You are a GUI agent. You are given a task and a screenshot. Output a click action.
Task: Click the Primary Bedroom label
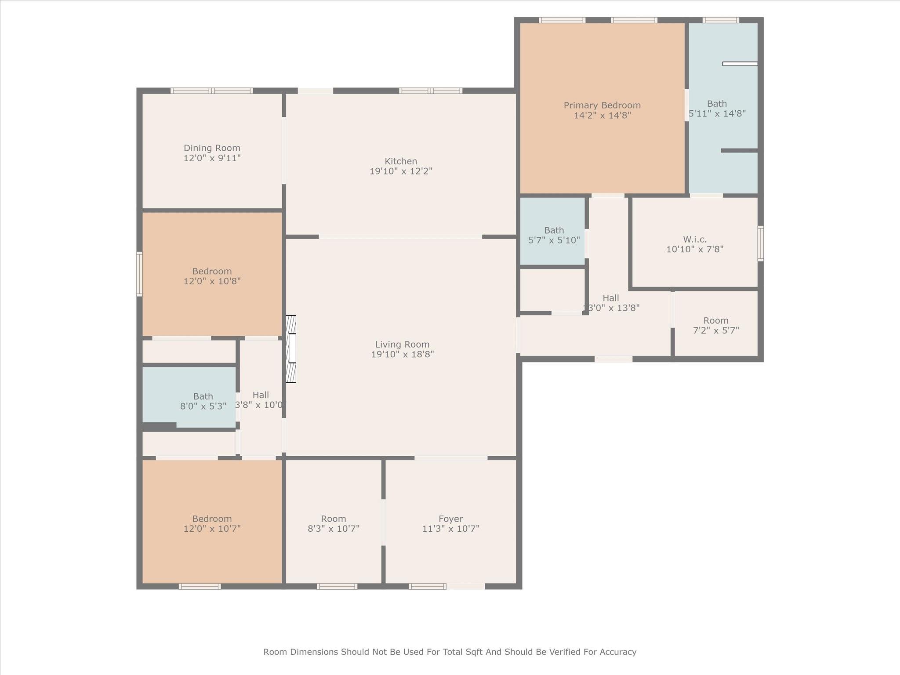tap(602, 105)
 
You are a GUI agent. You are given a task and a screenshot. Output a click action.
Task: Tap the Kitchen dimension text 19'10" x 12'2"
tap(401, 171)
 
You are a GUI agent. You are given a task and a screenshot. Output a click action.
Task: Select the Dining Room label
tap(212, 148)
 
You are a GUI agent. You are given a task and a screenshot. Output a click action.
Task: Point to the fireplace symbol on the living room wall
tap(291, 349)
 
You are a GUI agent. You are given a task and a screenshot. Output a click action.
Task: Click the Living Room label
tap(402, 345)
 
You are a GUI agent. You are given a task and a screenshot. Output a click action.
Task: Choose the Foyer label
tap(450, 519)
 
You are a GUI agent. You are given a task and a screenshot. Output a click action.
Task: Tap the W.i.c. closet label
tap(695, 240)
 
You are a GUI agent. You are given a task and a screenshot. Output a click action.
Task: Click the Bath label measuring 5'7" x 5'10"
tap(554, 230)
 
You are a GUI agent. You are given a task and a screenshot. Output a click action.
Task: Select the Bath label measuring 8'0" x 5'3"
tap(203, 396)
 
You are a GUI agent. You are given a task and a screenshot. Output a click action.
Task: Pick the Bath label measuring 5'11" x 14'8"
tap(717, 104)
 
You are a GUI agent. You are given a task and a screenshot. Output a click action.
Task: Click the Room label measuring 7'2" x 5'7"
tap(716, 320)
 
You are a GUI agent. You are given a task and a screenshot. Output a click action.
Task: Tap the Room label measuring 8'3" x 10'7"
tap(333, 519)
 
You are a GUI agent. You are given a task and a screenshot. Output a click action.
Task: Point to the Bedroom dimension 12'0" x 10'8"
tap(212, 281)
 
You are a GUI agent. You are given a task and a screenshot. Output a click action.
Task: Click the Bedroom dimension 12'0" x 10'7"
tap(212, 529)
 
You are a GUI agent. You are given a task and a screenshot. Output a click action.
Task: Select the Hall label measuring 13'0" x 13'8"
tap(611, 298)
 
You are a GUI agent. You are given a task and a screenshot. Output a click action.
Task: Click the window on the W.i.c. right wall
tap(760, 243)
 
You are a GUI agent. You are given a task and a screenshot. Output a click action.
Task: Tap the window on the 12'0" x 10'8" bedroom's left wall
tap(139, 274)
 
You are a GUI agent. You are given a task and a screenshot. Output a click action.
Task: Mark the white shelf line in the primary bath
tap(740, 64)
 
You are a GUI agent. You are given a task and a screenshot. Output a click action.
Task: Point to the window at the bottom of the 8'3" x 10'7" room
tap(337, 586)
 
